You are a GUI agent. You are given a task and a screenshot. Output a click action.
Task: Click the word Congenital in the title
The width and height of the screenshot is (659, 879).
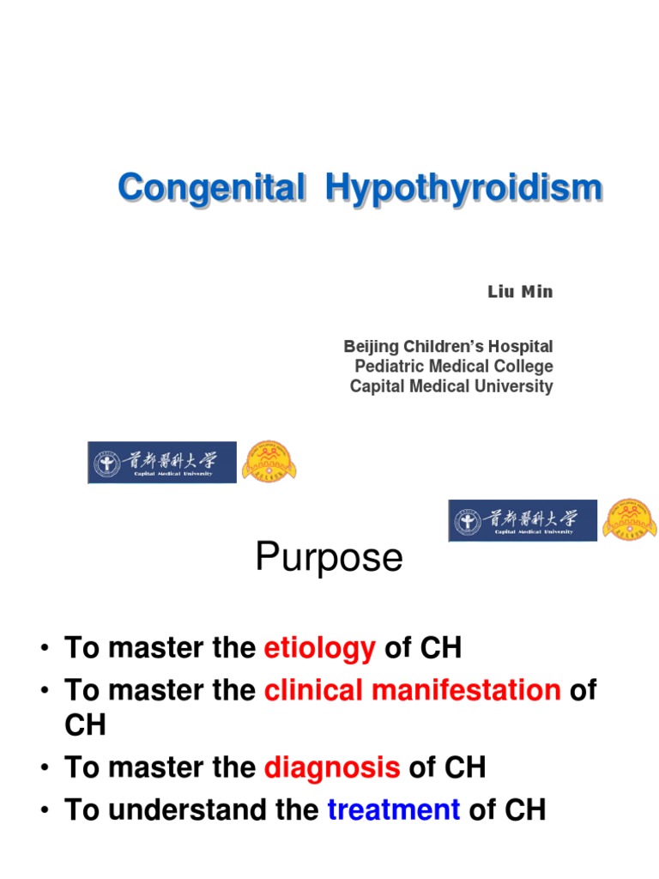tap(212, 187)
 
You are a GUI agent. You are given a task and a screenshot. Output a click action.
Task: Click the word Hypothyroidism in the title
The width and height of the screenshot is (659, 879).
tap(464, 189)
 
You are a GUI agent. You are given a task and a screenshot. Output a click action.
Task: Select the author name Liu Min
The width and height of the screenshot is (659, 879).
tap(520, 292)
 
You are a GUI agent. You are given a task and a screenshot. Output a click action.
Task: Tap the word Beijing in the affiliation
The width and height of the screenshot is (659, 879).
tap(371, 347)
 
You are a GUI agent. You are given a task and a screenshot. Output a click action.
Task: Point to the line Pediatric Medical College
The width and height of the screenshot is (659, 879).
tap(454, 366)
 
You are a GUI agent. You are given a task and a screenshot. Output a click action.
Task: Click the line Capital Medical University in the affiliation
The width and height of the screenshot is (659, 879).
tap(451, 386)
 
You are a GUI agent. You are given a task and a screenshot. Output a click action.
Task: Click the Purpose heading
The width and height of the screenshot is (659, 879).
tap(329, 556)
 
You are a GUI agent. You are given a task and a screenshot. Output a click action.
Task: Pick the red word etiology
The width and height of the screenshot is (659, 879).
tap(319, 649)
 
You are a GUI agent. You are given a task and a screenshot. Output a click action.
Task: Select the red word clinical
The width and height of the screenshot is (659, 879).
tap(313, 689)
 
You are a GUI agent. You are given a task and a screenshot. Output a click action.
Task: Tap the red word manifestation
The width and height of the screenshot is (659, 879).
tap(466, 689)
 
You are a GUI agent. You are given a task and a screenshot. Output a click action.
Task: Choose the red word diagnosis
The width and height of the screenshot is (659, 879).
tap(332, 768)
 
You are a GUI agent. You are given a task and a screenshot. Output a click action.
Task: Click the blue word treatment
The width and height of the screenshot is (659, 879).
tap(393, 809)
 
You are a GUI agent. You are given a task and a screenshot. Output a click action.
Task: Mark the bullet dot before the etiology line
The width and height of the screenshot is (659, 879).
tap(45, 649)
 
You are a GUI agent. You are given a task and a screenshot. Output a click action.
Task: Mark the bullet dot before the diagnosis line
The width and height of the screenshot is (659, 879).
tap(45, 768)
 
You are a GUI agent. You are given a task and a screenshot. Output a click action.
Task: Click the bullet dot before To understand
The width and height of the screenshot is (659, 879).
tap(45, 810)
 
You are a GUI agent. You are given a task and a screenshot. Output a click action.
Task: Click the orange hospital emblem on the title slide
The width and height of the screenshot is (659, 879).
tap(269, 462)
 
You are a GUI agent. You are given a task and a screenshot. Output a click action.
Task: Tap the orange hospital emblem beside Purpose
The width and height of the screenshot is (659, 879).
tap(630, 519)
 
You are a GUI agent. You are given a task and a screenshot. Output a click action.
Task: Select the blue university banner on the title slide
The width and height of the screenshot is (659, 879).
tap(162, 463)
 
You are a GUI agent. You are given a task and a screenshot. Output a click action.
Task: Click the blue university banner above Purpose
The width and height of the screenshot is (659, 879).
tap(523, 521)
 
